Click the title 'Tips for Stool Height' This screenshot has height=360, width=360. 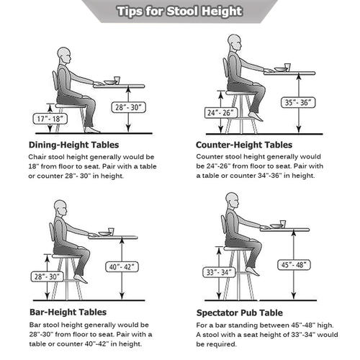[x=180, y=12]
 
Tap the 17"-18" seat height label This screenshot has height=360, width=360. [x=50, y=119]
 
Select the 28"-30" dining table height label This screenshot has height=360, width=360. [x=129, y=107]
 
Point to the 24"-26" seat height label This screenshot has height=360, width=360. [x=221, y=113]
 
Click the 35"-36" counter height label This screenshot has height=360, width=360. [x=298, y=103]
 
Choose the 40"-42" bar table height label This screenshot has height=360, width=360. [x=122, y=266]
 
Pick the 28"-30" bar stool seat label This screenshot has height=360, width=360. [x=47, y=276]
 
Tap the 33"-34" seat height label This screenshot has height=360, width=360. [x=219, y=272]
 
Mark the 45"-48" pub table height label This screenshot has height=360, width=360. [x=294, y=265]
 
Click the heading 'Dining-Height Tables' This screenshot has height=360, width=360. [x=74, y=145]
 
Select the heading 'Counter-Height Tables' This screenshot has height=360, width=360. [x=244, y=145]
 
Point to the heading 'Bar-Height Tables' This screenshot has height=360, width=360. [x=68, y=312]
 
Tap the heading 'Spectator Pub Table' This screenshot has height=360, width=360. [x=240, y=313]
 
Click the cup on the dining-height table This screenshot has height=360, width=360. [x=117, y=80]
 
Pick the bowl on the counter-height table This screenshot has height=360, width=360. [x=281, y=69]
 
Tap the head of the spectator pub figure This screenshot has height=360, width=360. [x=232, y=201]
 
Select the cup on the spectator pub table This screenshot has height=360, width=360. [x=283, y=224]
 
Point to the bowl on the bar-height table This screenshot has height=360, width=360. [x=105, y=233]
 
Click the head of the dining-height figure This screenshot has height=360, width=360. [x=64, y=55]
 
